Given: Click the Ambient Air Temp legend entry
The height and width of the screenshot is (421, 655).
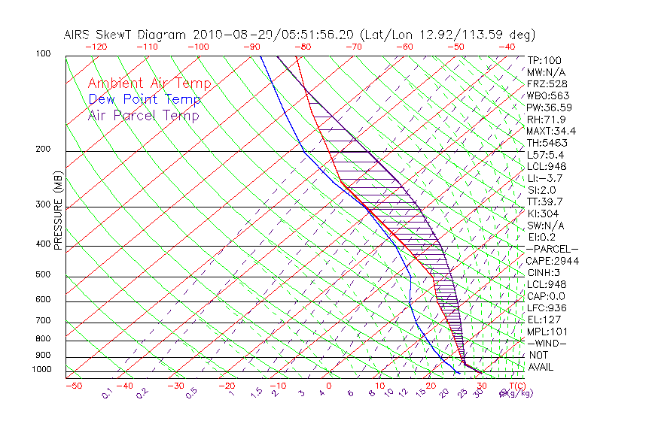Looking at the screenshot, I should [150, 83].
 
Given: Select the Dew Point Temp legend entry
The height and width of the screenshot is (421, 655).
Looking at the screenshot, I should [145, 99].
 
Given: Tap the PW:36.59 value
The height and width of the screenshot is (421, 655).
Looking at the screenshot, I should [549, 108].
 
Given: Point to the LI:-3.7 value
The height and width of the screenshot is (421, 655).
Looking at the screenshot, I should [546, 178].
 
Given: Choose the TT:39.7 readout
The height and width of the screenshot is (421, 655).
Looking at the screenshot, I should [546, 201].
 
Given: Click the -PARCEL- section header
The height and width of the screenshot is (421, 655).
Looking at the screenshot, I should [552, 249].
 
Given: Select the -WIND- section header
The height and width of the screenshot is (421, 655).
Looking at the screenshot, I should [547, 343].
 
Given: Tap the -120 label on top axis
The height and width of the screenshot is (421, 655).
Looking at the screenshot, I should [96, 47].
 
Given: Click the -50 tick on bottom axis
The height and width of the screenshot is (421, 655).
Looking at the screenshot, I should [73, 386].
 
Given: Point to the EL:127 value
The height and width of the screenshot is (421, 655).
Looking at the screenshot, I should [543, 320].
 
